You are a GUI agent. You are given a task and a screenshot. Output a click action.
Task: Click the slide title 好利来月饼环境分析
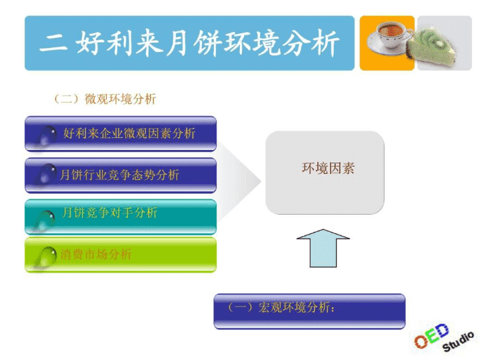[x=207, y=43]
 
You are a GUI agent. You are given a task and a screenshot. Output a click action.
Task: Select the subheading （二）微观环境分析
[x=105, y=99]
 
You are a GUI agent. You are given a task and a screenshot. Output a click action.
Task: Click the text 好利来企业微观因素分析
[x=129, y=133]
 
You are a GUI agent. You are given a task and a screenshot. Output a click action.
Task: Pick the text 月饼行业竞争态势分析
[x=120, y=175]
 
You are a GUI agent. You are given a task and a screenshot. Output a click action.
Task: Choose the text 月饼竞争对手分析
[x=109, y=213]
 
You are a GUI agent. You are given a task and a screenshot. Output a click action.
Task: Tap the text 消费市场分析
[x=96, y=254]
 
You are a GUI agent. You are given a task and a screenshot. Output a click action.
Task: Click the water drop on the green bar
[x=45, y=257]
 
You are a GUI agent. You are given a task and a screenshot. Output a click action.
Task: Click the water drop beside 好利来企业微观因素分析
[x=47, y=136]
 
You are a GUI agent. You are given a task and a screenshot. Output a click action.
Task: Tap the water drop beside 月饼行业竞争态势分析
[x=46, y=175]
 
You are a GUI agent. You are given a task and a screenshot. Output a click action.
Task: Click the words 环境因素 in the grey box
[x=328, y=169]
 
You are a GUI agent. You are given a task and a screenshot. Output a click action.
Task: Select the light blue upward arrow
[x=323, y=248]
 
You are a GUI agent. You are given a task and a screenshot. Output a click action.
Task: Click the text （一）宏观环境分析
[x=281, y=307]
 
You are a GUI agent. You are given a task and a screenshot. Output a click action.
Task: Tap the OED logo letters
[x=431, y=335]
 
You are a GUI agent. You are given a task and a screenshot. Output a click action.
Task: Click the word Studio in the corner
[x=458, y=341]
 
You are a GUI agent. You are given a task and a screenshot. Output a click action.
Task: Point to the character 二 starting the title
[x=53, y=43]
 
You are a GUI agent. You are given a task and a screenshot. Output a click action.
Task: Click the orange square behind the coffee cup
[x=387, y=43]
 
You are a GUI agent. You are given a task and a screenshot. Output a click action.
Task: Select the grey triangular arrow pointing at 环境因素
[x=239, y=181]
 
